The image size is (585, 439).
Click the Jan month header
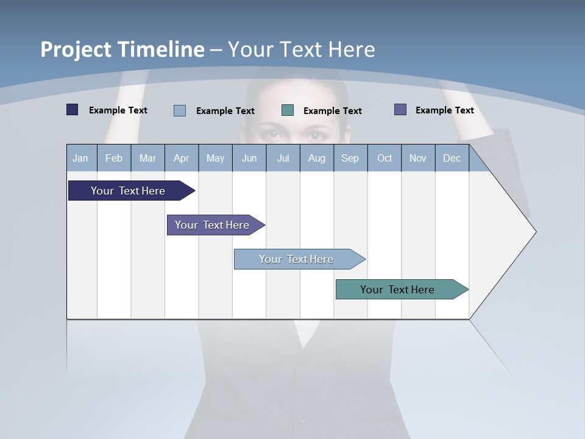(x=81, y=158)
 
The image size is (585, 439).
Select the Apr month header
(x=182, y=158)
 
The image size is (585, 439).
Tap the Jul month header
(x=283, y=158)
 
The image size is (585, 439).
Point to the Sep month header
(x=350, y=158)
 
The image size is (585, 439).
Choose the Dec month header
(x=452, y=158)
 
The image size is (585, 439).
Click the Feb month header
(x=114, y=158)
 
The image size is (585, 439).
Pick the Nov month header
(x=418, y=158)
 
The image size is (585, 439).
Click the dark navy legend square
(x=73, y=110)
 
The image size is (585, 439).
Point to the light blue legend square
(x=180, y=110)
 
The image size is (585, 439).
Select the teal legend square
(x=288, y=110)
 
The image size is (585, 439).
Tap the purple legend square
(x=400, y=110)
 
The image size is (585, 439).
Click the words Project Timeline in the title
(x=122, y=49)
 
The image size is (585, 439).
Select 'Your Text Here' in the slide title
(x=301, y=49)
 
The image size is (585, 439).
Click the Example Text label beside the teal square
(x=332, y=111)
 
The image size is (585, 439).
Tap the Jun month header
(x=249, y=158)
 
